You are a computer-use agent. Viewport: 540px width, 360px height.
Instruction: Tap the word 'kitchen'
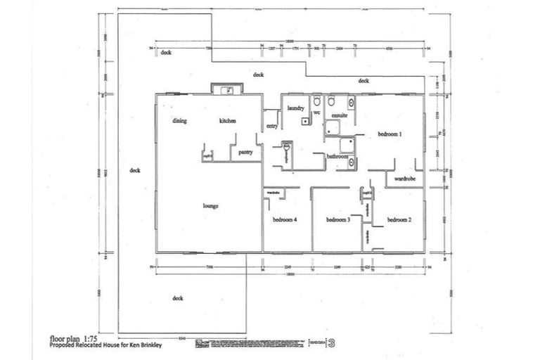click(227, 121)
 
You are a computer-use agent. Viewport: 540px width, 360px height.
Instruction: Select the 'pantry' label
click(245, 151)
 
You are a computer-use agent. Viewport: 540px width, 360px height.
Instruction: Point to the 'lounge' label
click(210, 205)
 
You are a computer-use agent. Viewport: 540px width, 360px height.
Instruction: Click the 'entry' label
click(271, 126)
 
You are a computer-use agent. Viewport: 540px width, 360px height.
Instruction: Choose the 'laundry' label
click(295, 108)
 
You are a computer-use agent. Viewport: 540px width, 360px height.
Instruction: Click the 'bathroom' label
click(337, 157)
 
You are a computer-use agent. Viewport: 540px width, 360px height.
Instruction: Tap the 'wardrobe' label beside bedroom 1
click(405, 179)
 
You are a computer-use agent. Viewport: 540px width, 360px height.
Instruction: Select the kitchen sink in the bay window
click(226, 89)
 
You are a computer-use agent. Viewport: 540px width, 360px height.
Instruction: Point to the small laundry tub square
click(304, 121)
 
